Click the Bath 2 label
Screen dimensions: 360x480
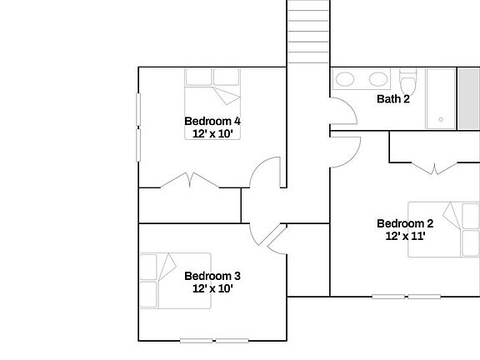(393, 99)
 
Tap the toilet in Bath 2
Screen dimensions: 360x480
(407, 84)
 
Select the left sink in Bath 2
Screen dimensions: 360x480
(345, 81)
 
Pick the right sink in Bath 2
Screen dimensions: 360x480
(379, 81)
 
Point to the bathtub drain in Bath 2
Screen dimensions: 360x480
(441, 120)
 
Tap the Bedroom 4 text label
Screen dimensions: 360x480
(212, 120)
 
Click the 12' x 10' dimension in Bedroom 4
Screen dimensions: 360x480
(212, 133)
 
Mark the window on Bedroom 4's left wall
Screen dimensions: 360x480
(138, 124)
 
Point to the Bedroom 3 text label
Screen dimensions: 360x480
(212, 276)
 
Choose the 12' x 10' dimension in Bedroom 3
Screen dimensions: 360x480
(212, 289)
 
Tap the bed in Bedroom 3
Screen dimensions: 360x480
(175, 280)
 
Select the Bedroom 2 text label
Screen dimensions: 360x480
(405, 222)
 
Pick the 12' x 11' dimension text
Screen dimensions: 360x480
(405, 236)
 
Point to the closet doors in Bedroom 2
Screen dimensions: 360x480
(434, 167)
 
